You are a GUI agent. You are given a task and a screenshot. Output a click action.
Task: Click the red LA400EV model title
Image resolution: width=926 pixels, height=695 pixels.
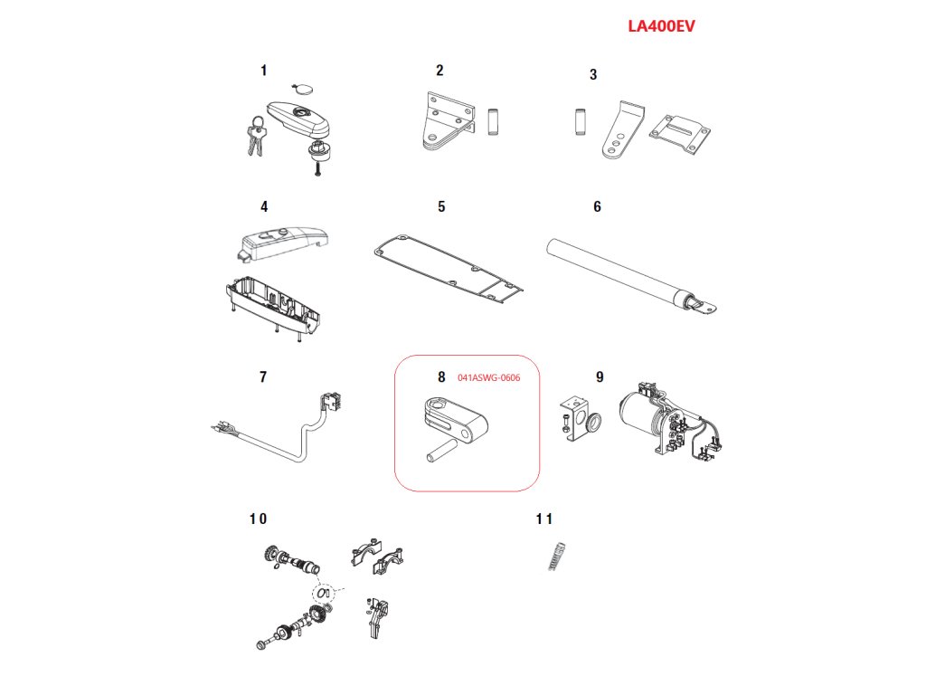pyautogui.click(x=661, y=26)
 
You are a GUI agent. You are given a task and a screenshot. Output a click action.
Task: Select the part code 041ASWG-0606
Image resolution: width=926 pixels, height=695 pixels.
pyautogui.click(x=488, y=377)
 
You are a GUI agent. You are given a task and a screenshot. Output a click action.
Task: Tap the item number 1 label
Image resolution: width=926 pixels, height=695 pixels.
pyautogui.click(x=263, y=71)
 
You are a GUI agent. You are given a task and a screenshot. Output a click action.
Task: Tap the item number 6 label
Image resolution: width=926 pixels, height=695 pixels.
pyautogui.click(x=597, y=207)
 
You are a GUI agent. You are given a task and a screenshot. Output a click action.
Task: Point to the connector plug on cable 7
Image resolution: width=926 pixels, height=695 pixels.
pyautogui.click(x=332, y=403)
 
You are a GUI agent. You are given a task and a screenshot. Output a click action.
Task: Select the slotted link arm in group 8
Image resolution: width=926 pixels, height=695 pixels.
pyautogui.click(x=458, y=419)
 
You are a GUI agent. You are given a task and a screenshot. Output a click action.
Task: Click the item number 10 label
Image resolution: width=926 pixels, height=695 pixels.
pyautogui.click(x=258, y=519)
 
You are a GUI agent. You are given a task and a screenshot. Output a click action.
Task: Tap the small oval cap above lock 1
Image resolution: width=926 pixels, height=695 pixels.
pyautogui.click(x=302, y=89)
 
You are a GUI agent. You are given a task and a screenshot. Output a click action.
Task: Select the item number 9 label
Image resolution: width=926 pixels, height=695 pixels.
pyautogui.click(x=600, y=376)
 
